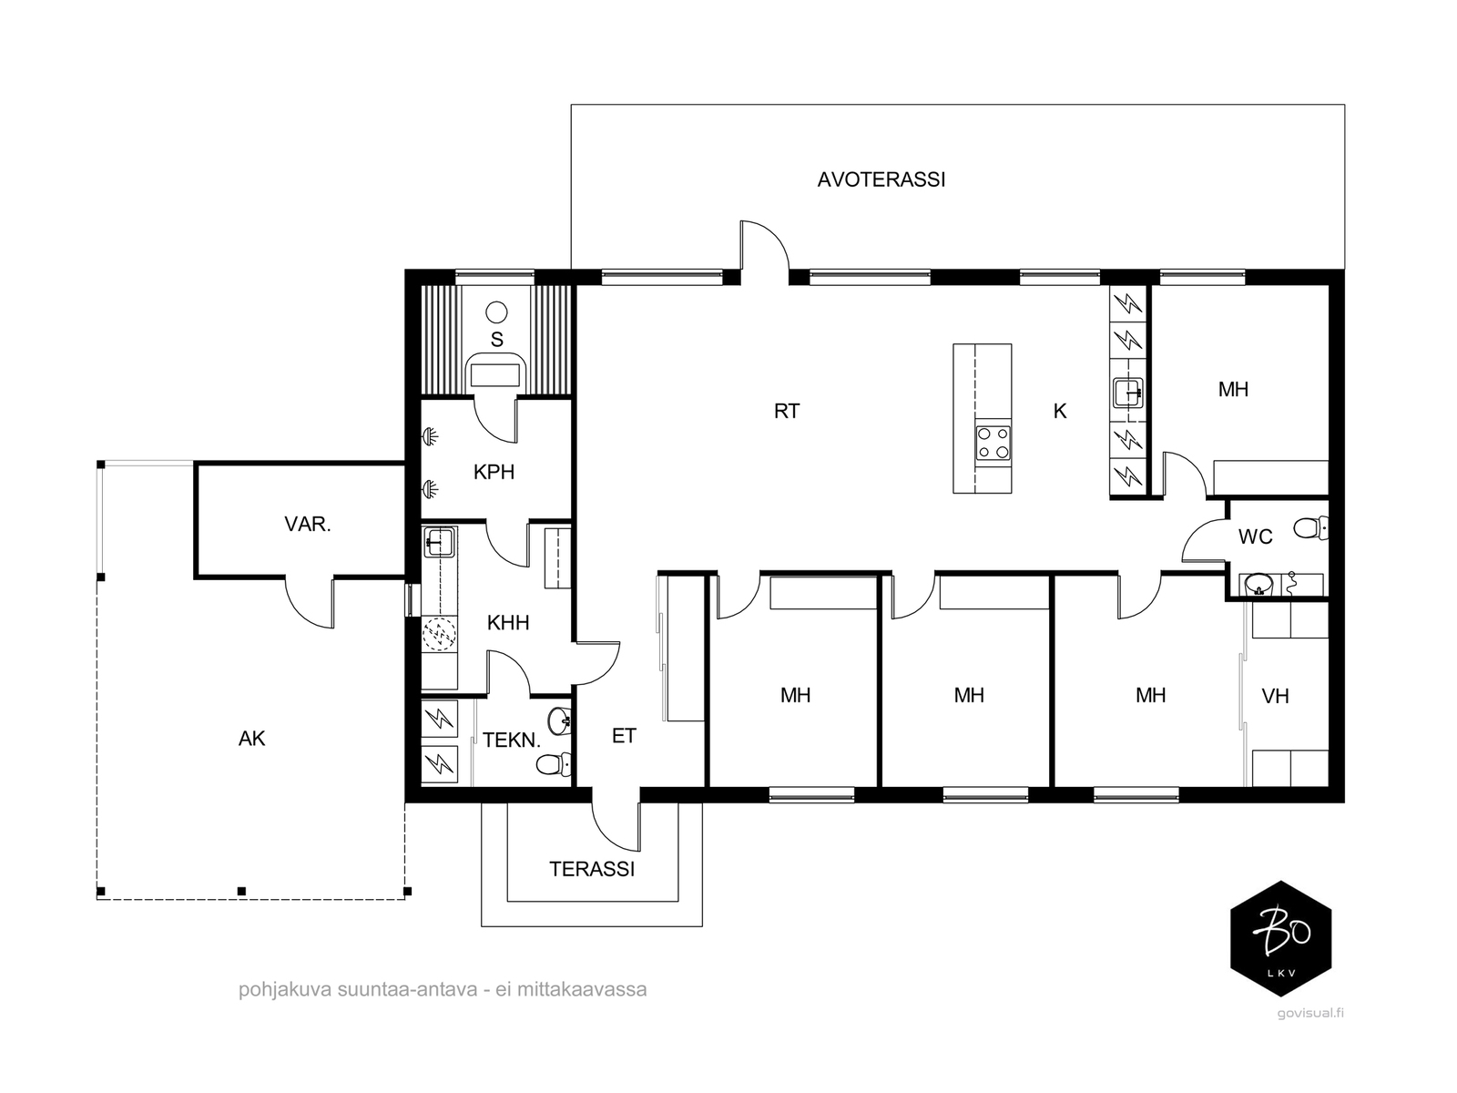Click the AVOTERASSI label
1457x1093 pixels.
click(x=881, y=179)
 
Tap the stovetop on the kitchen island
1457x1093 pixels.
click(x=993, y=444)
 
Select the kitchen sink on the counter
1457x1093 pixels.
click(x=1127, y=393)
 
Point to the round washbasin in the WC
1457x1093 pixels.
click(x=1257, y=585)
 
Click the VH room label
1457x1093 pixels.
click(x=1275, y=696)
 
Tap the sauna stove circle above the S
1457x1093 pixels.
click(x=496, y=312)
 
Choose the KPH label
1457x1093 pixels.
click(x=494, y=472)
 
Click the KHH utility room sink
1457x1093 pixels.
click(x=438, y=542)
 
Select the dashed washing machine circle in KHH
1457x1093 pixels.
click(x=440, y=633)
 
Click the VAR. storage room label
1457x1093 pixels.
click(x=307, y=525)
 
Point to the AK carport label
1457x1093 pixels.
click(x=251, y=738)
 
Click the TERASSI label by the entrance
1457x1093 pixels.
click(x=592, y=869)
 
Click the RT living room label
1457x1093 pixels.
click(x=787, y=412)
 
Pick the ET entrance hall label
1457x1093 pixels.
click(x=623, y=735)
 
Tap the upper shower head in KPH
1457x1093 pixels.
click(x=431, y=436)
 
